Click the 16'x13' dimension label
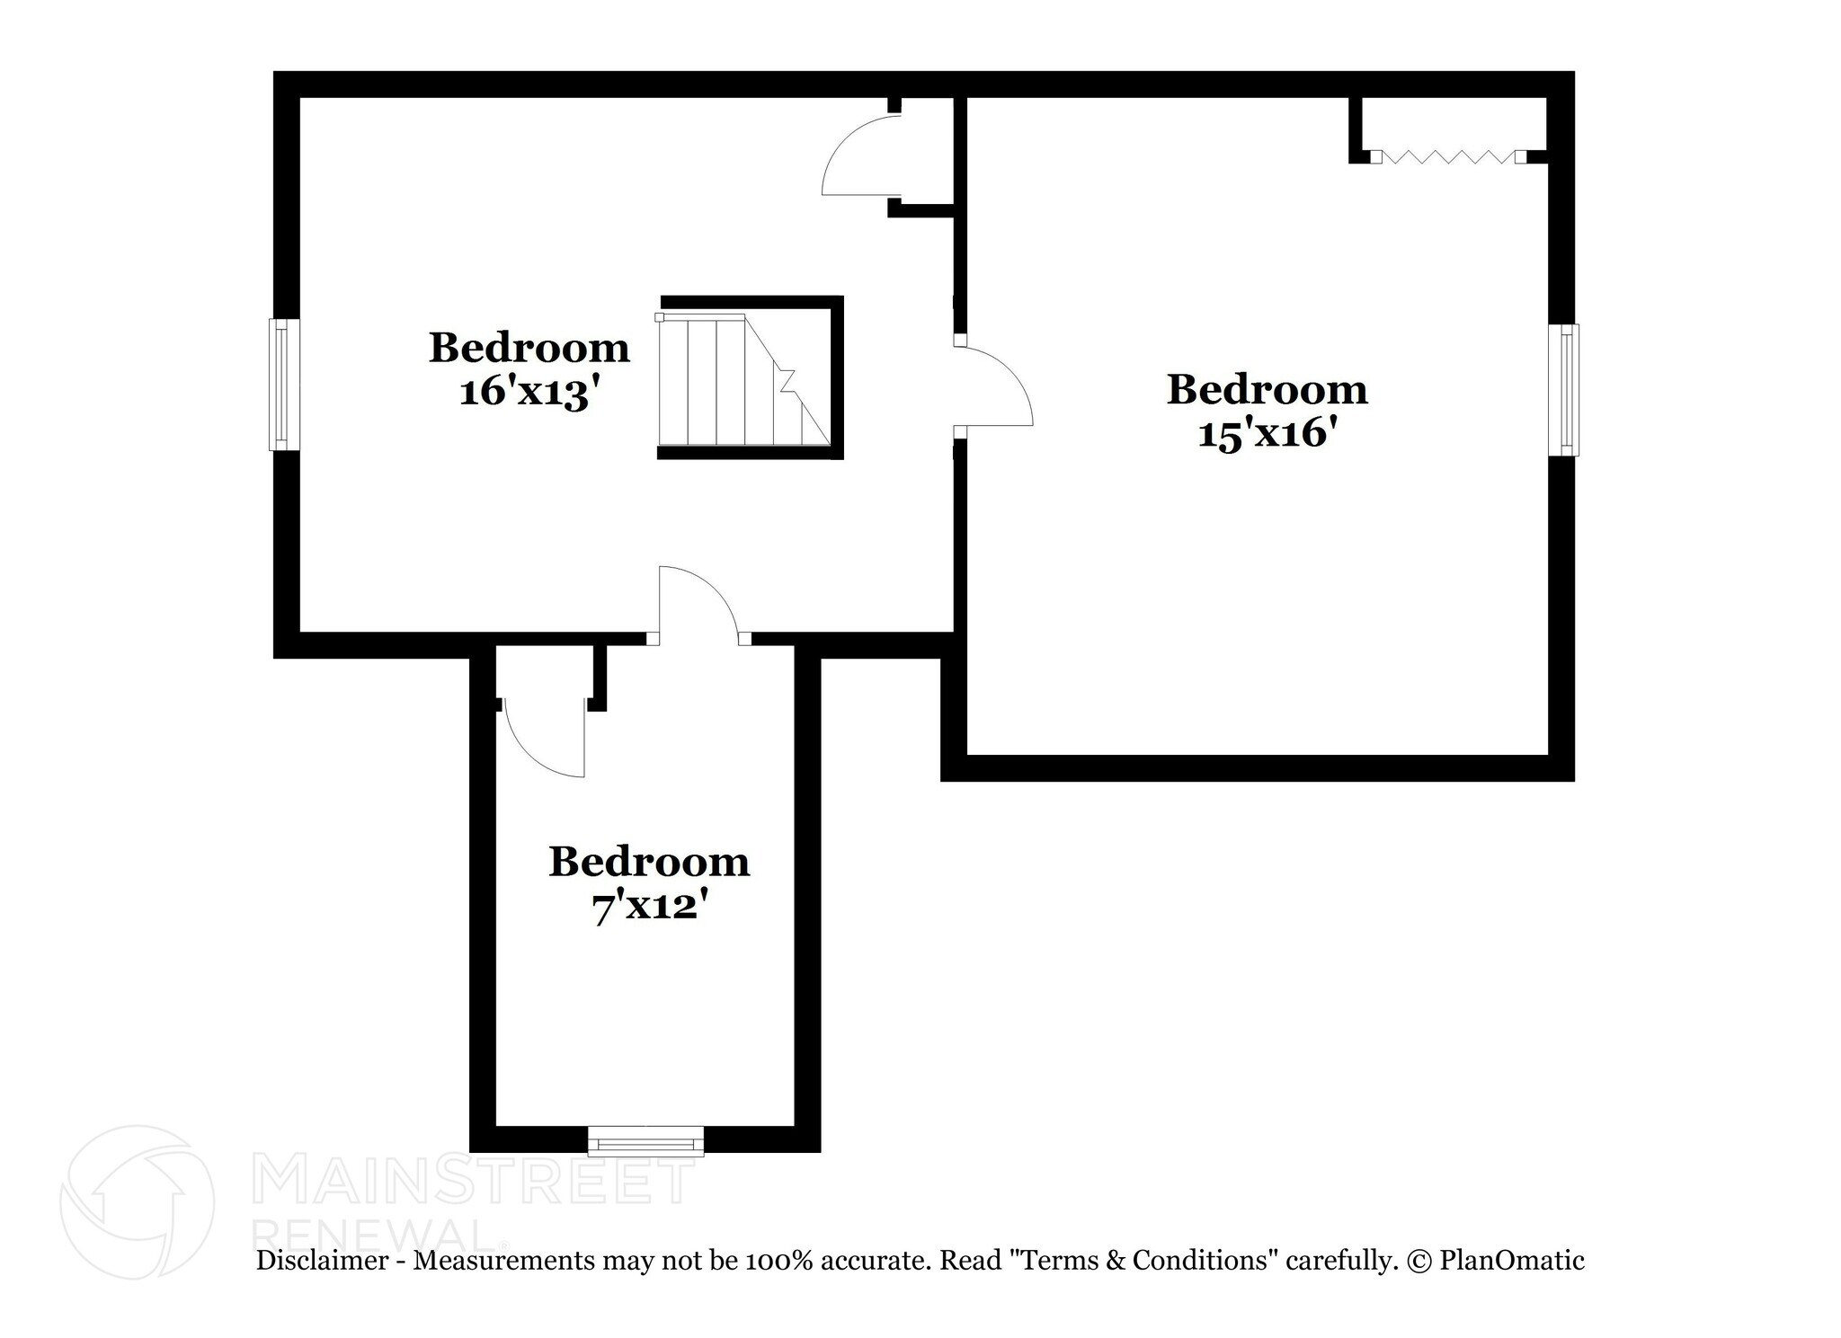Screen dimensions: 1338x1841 [529, 393]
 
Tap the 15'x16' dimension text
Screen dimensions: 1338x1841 [1267, 435]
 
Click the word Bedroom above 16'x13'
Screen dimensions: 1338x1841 [529, 348]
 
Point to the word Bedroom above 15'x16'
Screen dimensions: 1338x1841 [1267, 390]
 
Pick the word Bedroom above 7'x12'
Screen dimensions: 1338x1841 [649, 863]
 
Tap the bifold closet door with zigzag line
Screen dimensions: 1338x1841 [1448, 157]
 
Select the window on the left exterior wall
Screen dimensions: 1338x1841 [284, 385]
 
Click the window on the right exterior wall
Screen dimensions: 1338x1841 [1564, 390]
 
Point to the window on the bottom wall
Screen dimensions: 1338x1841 [645, 1141]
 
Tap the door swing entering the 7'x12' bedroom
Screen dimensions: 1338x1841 [699, 602]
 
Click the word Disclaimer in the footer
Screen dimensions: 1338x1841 [322, 1261]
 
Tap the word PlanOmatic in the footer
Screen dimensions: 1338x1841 [1512, 1261]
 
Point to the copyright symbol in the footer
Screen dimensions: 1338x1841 [1419, 1262]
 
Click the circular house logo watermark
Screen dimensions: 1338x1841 [138, 1202]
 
